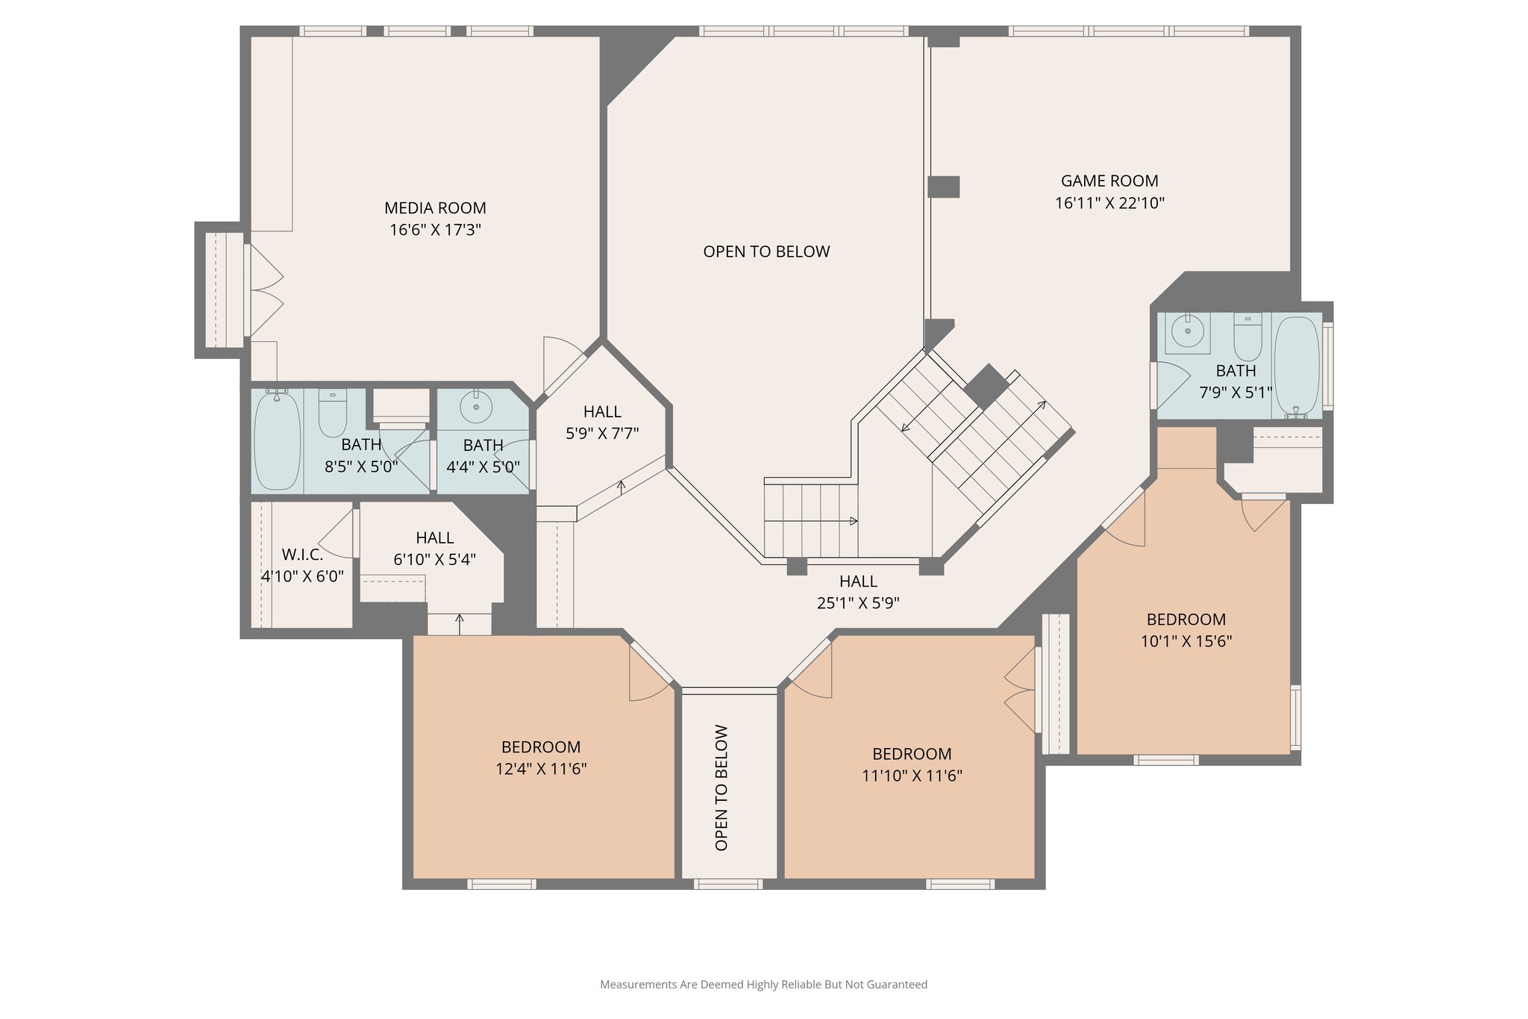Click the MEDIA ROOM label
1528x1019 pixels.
tap(435, 208)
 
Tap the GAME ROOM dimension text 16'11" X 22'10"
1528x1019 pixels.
tap(1109, 203)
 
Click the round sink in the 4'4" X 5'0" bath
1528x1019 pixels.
tap(476, 408)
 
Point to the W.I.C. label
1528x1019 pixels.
tap(302, 555)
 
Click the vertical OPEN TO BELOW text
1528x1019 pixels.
tap(721, 787)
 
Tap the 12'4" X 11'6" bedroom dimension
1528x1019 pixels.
tap(541, 769)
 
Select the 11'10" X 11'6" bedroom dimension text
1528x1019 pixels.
tap(912, 776)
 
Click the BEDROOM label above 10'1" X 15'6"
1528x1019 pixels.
tap(1186, 620)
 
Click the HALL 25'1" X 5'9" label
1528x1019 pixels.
tap(858, 582)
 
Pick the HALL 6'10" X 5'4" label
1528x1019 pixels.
tap(435, 538)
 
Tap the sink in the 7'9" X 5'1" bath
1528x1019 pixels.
tap(1187, 331)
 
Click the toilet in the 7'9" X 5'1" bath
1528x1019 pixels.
tap(1247, 337)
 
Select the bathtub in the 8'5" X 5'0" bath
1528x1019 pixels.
tap(277, 440)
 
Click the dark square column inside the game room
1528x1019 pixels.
tap(943, 187)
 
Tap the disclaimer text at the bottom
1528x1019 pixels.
tap(763, 985)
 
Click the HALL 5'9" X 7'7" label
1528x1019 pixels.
tap(602, 412)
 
